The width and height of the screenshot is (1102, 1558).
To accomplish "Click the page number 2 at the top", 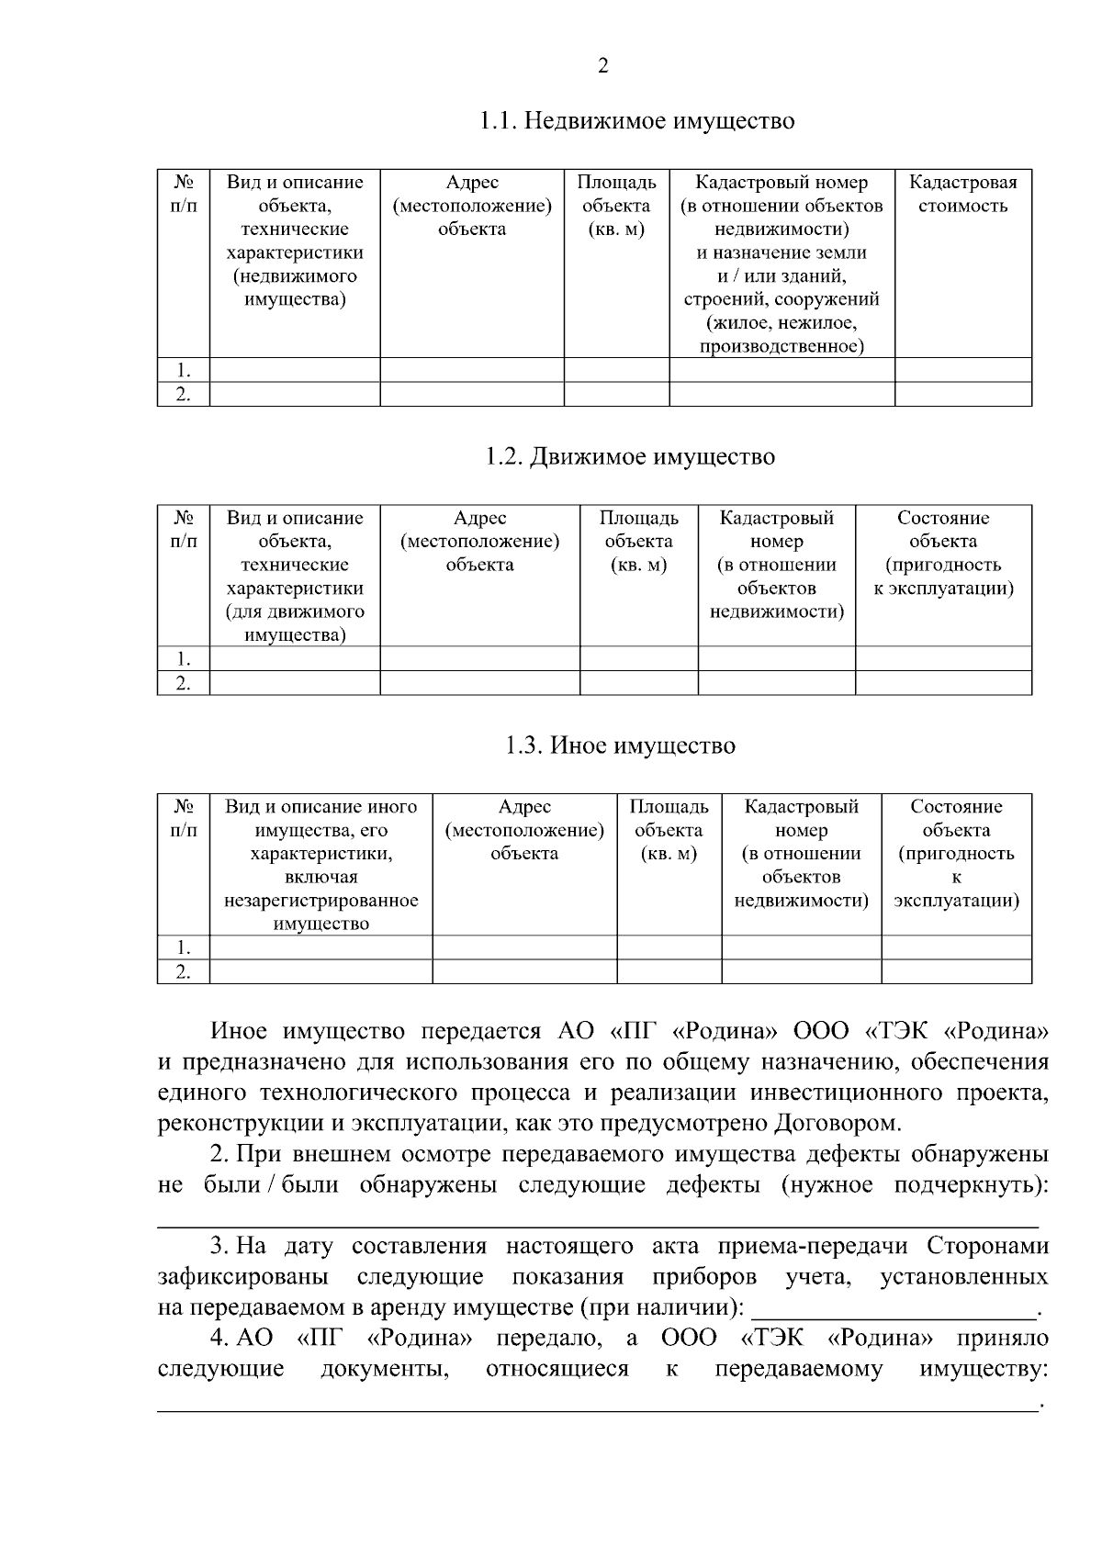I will [602, 66].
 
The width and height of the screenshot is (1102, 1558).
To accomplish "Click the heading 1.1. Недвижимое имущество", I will [636, 121].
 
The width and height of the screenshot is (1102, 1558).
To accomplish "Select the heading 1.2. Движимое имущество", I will [630, 456].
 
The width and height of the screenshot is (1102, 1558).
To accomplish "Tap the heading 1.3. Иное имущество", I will [620, 745].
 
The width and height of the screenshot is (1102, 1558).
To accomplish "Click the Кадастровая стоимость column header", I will [962, 194].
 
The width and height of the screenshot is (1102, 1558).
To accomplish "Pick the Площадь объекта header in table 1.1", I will [616, 206].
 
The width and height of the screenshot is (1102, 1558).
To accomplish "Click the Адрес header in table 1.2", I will [479, 541].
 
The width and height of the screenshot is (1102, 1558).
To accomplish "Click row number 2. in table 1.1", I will [184, 394].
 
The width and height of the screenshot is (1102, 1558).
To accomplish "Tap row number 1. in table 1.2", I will [184, 658].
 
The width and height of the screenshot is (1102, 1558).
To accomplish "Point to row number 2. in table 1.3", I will [184, 972].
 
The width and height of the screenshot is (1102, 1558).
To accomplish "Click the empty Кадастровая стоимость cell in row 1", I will [962, 370].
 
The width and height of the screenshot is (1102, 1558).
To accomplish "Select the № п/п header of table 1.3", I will [184, 818].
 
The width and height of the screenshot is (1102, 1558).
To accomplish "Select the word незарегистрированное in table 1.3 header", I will [320, 901].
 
